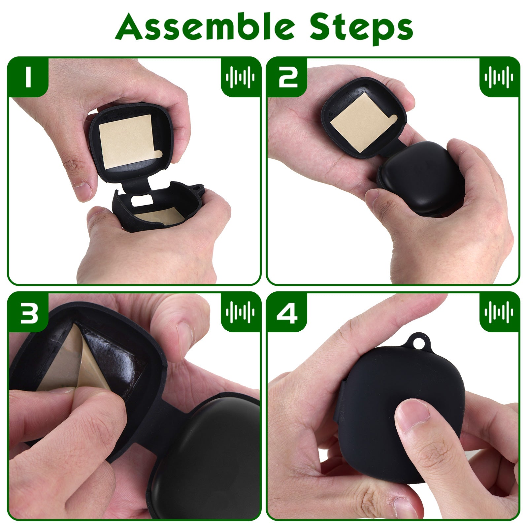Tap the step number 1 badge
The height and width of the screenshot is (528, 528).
pyautogui.click(x=28, y=77)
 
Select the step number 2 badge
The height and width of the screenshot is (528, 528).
pyautogui.click(x=287, y=77)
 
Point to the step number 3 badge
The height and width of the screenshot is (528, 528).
pyautogui.click(x=28, y=312)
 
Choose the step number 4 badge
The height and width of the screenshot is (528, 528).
pyautogui.click(x=287, y=312)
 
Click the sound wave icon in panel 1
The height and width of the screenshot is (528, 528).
pyautogui.click(x=240, y=77)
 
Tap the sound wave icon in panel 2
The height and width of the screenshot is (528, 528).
pyautogui.click(x=499, y=77)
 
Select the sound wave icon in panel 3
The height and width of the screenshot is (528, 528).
pyautogui.click(x=240, y=312)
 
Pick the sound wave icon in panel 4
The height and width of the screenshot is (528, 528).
pyautogui.click(x=499, y=312)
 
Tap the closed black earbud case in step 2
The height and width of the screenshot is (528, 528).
pyautogui.click(x=421, y=178)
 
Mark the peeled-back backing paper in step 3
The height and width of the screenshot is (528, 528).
pyautogui.click(x=76, y=363)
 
